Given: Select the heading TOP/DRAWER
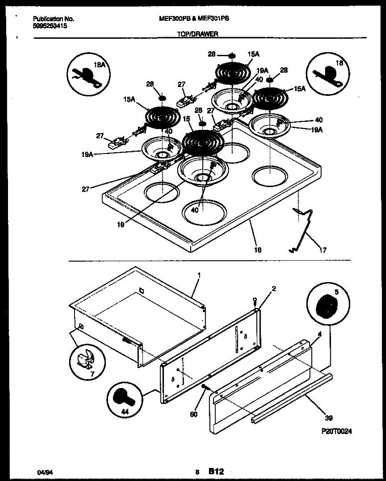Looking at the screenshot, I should coord(198,34).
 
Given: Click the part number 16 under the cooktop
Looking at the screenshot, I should coord(257,250).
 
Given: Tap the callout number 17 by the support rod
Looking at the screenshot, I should coord(323,251).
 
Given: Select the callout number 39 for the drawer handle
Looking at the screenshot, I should coord(329,418).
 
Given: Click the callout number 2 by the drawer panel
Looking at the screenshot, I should coord(274,288).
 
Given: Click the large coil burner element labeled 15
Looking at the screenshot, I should coord(203,141).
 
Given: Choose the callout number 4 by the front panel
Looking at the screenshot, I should coord(319,333).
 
